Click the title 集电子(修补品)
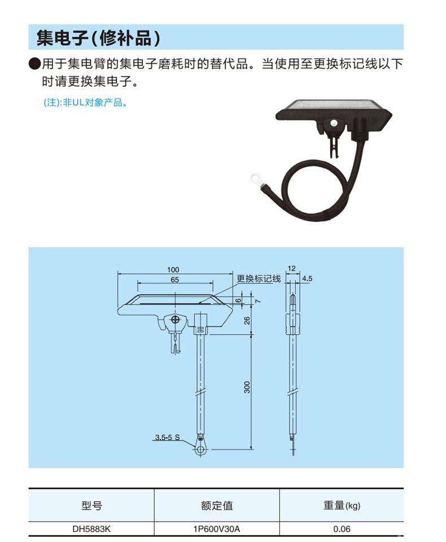click(98, 38)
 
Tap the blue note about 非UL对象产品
click(85, 103)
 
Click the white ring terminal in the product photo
click(255, 178)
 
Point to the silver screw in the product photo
click(334, 123)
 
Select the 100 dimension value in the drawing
click(173, 270)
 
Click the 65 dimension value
click(175, 280)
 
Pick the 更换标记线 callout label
click(259, 279)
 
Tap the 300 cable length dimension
click(247, 387)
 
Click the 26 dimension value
click(247, 320)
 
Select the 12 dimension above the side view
click(292, 268)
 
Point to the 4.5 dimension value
click(307, 278)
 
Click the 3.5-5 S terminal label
click(167, 437)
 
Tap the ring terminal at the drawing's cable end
click(200, 450)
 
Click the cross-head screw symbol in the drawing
click(176, 319)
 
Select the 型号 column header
click(91, 506)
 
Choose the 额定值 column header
click(217, 506)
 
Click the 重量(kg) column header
click(342, 506)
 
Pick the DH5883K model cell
click(91, 529)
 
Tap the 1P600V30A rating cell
click(217, 529)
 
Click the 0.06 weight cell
click(342, 529)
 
